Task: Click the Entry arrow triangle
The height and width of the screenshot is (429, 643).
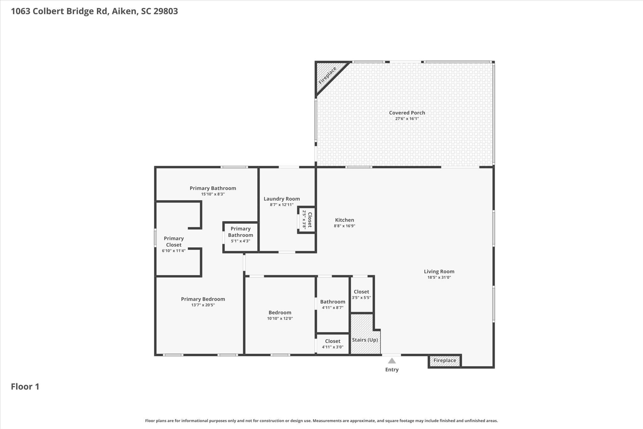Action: (x=392, y=361)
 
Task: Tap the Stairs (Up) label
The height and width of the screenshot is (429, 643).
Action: (x=365, y=340)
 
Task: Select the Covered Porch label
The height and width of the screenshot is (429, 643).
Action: (x=407, y=113)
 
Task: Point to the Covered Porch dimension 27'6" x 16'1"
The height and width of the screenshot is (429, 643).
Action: (x=407, y=119)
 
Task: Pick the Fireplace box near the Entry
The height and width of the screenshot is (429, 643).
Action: (x=445, y=360)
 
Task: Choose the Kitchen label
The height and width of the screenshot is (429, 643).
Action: (x=344, y=220)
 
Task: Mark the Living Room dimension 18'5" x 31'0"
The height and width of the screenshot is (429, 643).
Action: (x=439, y=278)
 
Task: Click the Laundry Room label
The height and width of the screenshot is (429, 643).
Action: (x=282, y=199)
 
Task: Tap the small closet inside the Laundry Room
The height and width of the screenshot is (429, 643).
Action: (x=306, y=220)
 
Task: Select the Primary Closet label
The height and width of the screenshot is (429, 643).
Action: (x=174, y=242)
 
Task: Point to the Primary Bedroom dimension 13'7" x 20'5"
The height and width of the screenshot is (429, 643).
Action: (x=203, y=305)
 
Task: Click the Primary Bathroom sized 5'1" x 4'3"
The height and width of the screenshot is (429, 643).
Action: (x=240, y=237)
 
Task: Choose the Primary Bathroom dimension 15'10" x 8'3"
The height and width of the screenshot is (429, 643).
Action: (x=213, y=194)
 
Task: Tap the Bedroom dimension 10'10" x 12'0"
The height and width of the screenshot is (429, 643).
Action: (x=280, y=318)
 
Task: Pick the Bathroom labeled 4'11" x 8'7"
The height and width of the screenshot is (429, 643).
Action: (x=332, y=304)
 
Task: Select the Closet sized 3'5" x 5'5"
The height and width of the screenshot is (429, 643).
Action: (x=361, y=294)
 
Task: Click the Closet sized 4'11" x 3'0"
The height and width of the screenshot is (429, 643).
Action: (x=332, y=344)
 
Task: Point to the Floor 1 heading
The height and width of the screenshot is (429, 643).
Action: (x=25, y=387)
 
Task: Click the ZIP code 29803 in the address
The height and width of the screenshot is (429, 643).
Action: (x=165, y=11)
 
